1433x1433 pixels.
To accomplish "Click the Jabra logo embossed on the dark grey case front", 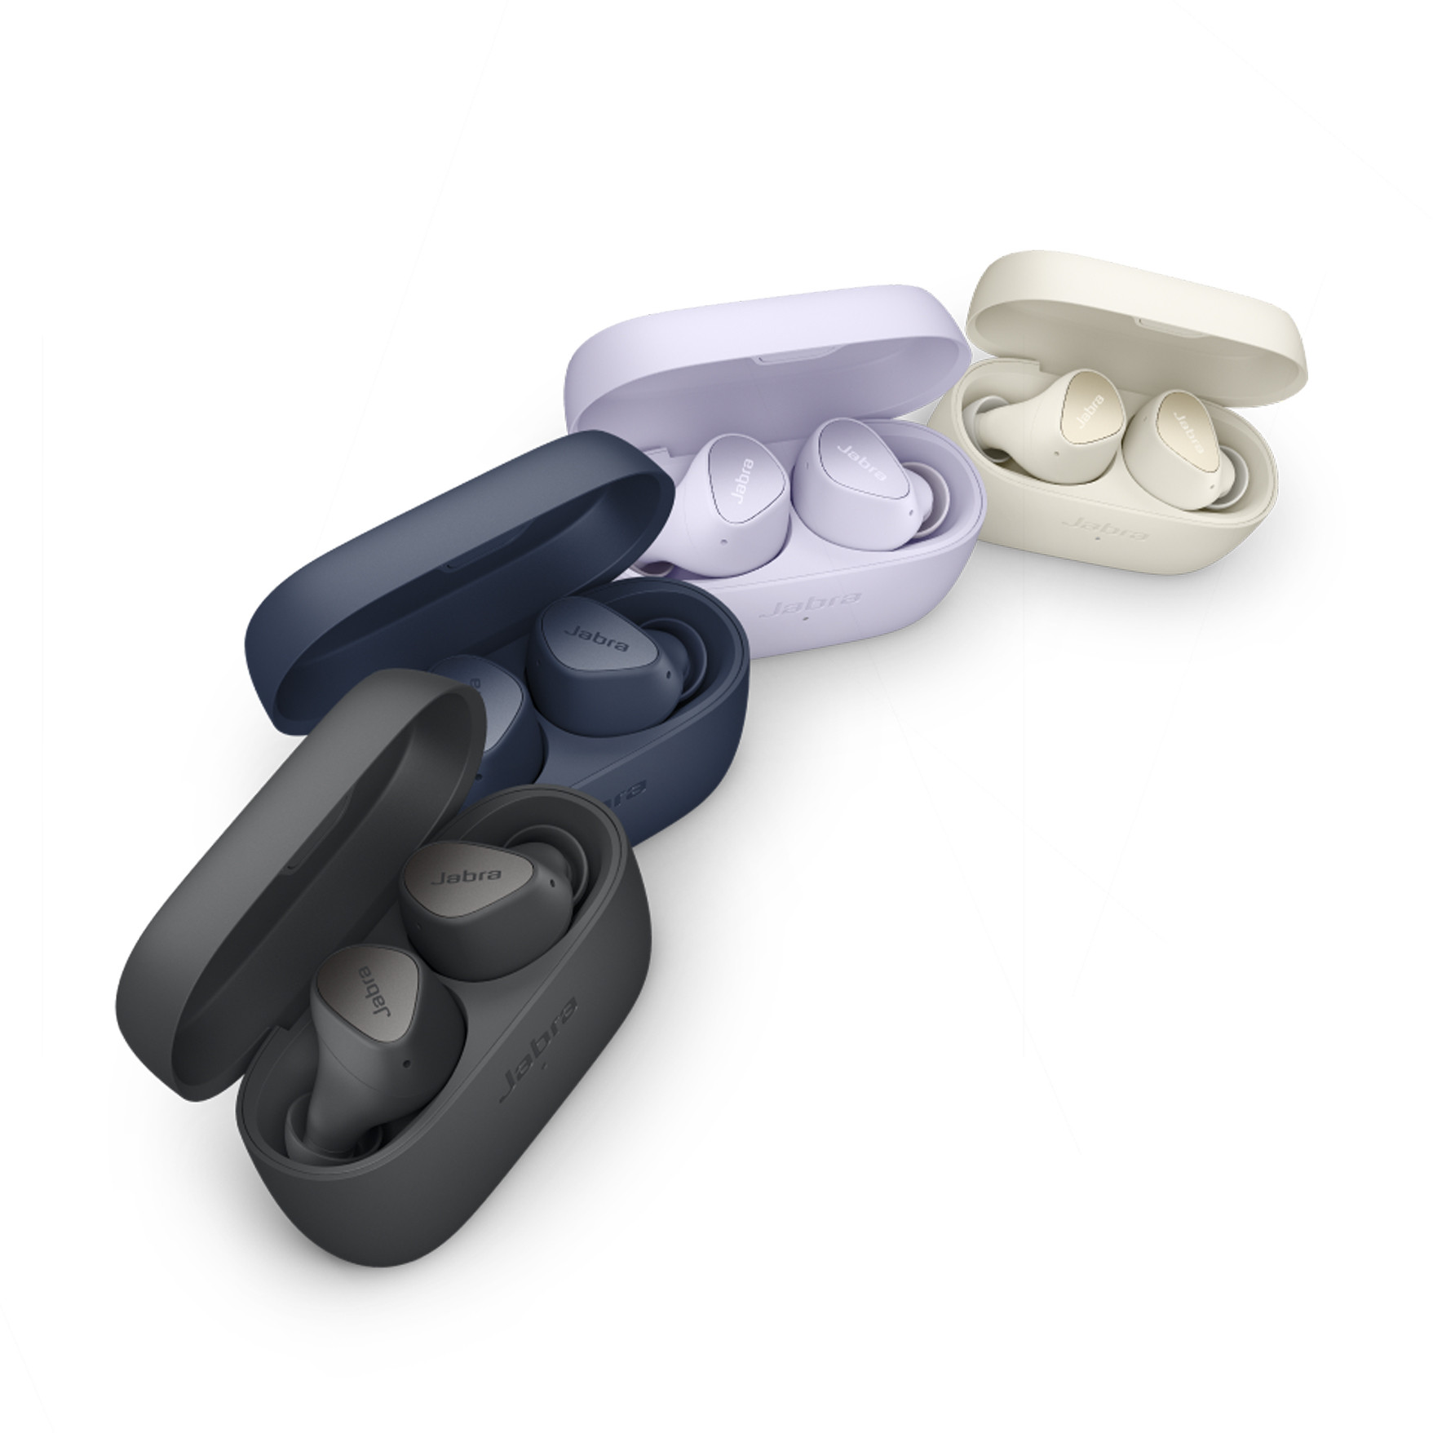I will point(539,1044).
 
